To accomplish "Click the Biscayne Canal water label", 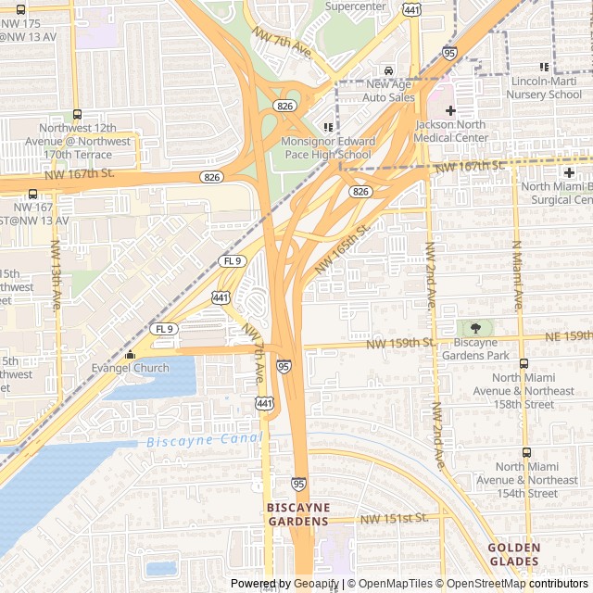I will click(x=204, y=440).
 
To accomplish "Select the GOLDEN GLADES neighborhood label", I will click(x=513, y=554).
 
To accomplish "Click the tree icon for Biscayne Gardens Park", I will click(x=475, y=328).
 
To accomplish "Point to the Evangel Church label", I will click(x=130, y=368).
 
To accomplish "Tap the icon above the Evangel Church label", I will click(x=130, y=354).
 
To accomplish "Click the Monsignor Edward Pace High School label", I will click(x=328, y=148).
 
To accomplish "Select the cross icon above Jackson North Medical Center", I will click(x=450, y=110).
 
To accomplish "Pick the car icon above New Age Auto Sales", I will click(x=388, y=70).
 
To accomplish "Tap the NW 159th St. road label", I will click(x=400, y=343).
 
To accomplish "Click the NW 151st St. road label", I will click(x=395, y=517).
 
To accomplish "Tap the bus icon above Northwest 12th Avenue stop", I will click(x=77, y=114).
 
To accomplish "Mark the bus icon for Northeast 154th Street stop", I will click(x=526, y=452).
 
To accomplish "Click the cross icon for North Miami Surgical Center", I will click(x=568, y=172).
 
